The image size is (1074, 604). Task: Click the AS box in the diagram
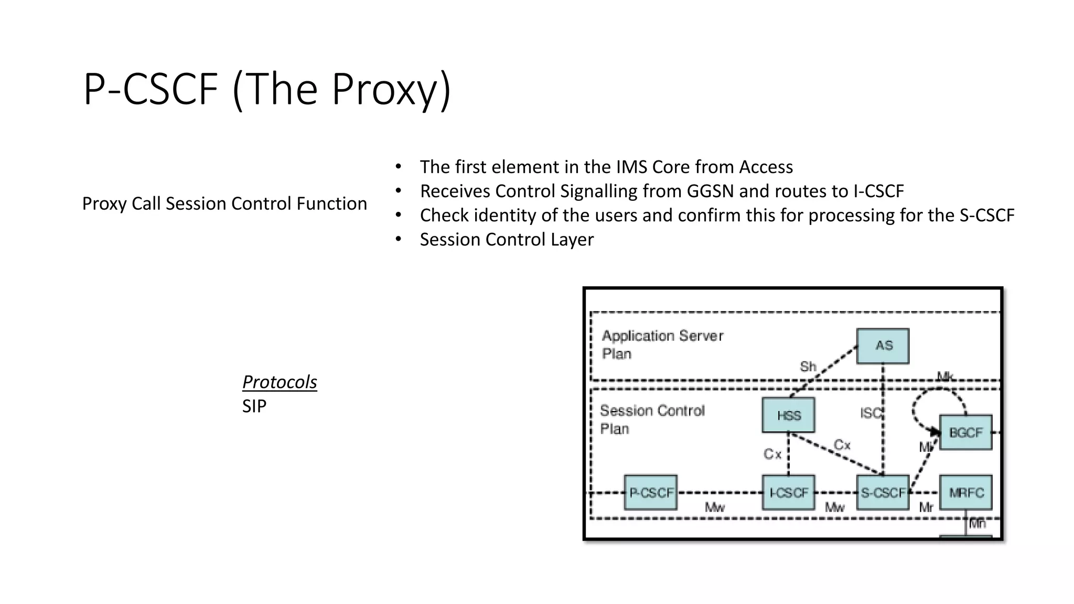point(883,346)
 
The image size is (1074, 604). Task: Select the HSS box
point(788,415)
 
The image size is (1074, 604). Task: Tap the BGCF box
point(965,433)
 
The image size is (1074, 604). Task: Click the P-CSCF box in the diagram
point(650,492)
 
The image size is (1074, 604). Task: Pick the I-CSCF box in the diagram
point(788,492)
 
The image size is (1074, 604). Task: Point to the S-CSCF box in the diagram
point(883,492)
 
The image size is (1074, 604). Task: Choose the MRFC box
point(965,492)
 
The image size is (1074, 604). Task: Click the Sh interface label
point(808,366)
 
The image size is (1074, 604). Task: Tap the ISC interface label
point(871,413)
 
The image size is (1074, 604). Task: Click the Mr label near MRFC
point(926,507)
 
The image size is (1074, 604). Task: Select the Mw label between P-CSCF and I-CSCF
point(714,507)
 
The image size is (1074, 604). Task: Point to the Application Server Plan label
point(662,344)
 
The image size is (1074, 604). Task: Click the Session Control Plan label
point(652,419)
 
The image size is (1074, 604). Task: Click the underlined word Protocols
point(280,382)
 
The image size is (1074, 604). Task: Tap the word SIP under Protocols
point(254,406)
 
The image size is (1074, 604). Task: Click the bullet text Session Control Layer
point(507,239)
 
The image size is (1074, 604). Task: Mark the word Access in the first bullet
point(766,167)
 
